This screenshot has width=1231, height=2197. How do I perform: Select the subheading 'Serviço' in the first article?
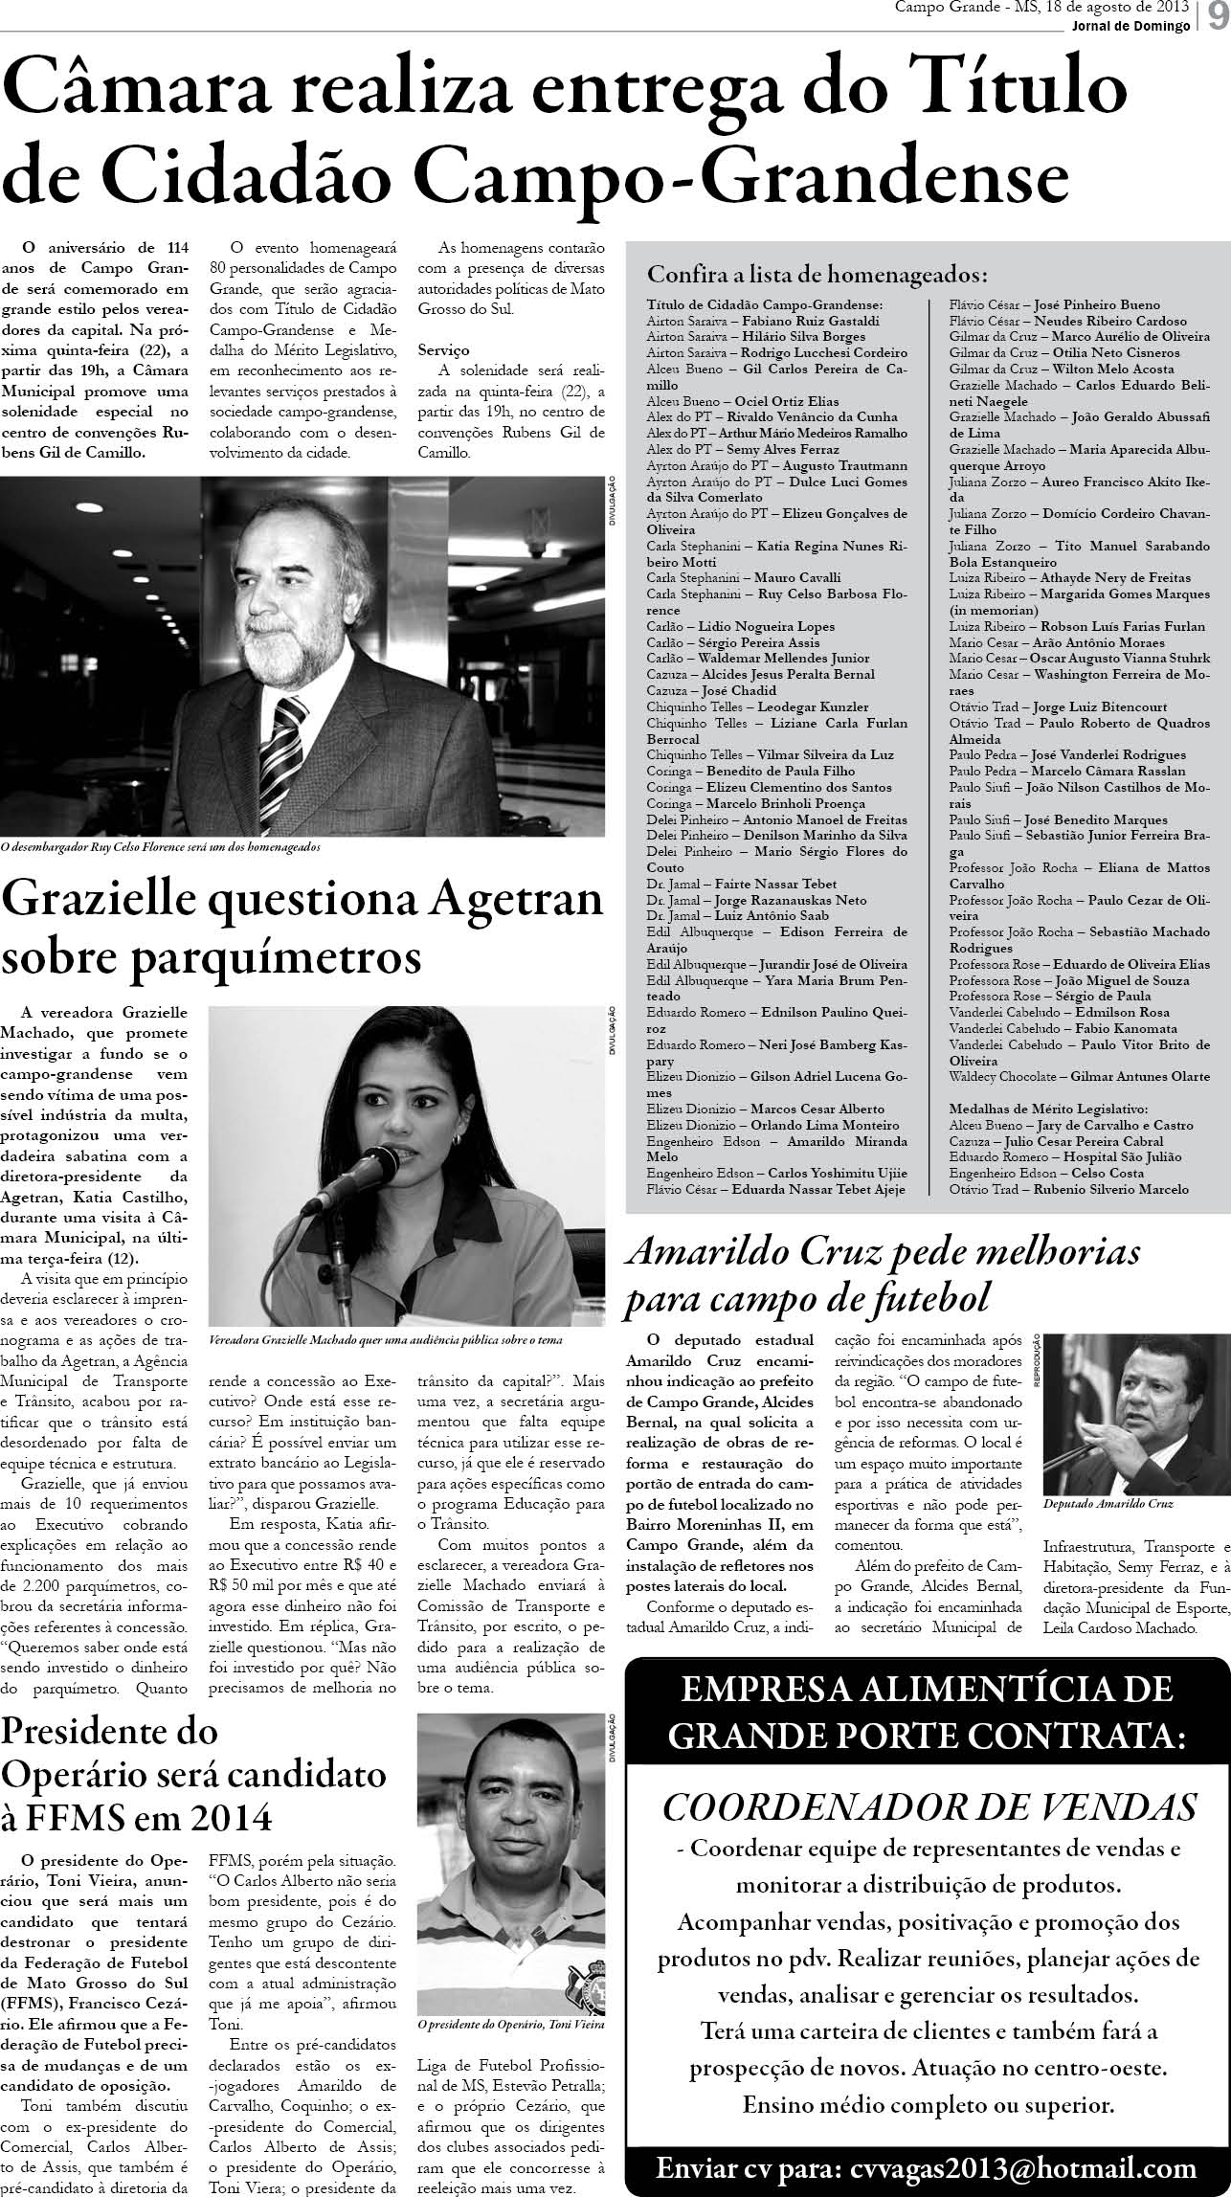(443, 350)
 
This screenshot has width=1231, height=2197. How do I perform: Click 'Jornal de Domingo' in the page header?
(1140, 26)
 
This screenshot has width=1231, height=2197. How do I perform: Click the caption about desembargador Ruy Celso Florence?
(161, 847)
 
